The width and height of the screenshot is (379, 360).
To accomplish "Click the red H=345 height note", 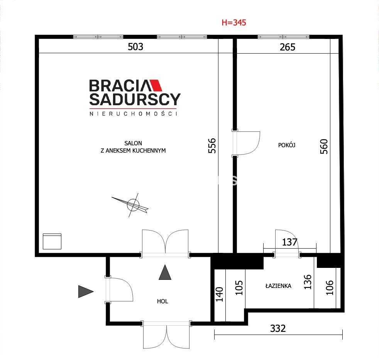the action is point(234,23).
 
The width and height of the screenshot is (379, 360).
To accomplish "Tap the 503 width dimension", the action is point(135,47).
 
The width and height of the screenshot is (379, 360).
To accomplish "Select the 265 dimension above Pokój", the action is point(288,47).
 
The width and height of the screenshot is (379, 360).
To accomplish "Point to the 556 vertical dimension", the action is point(212,146).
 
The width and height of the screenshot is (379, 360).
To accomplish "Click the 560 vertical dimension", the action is point(324,146).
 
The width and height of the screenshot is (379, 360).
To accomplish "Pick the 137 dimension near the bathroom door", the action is point(289,242).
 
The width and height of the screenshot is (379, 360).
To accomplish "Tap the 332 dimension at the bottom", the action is point(278,328).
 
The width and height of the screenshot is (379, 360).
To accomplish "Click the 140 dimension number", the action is point(219,294).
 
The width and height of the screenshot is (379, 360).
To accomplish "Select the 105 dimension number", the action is point(239,288).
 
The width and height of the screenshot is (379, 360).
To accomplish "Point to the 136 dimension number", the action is point(308,282).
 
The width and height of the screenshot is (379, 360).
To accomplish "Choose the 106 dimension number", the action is point(330,288).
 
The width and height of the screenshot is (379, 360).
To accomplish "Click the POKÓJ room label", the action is point(287,145).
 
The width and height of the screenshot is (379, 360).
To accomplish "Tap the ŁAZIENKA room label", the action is point(278,286).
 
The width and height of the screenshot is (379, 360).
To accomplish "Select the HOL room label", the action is point(162,301).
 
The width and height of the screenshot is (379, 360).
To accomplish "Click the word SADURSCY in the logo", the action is point(135,99).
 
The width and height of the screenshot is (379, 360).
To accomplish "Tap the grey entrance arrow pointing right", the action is point(86,291).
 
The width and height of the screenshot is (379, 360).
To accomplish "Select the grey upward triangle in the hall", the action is point(165,272).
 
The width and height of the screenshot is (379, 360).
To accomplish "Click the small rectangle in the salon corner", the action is point(52,241).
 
